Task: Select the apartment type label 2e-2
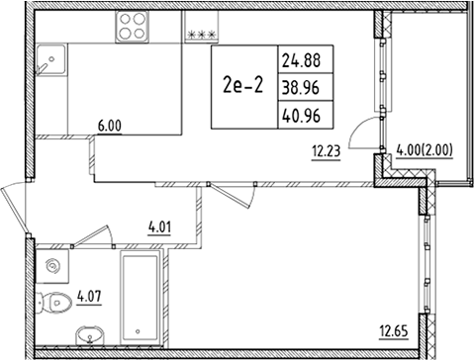coord(244,84)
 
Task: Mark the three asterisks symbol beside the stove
coord(201,34)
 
